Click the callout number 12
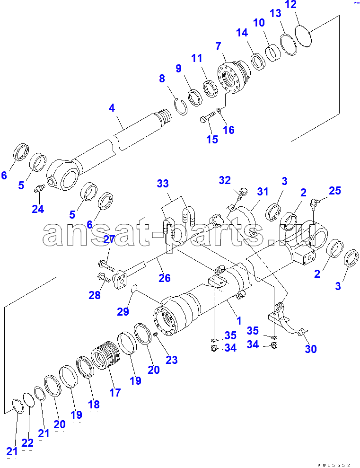pyautogui.click(x=290, y=4)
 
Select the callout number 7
pyautogui.click(x=219, y=46)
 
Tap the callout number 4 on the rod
pyautogui.click(x=112, y=108)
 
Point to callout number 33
pyautogui.click(x=163, y=183)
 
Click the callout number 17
pyautogui.click(x=115, y=392)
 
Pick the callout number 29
pyautogui.click(x=123, y=311)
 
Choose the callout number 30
pyautogui.click(x=310, y=349)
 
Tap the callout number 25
pyautogui.click(x=334, y=190)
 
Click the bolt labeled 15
pyautogui.click(x=208, y=117)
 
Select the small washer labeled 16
pyautogui.click(x=219, y=111)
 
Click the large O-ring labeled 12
pyautogui.click(x=303, y=36)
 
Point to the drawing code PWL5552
pyautogui.click(x=334, y=465)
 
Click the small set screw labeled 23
pyautogui.click(x=155, y=334)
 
